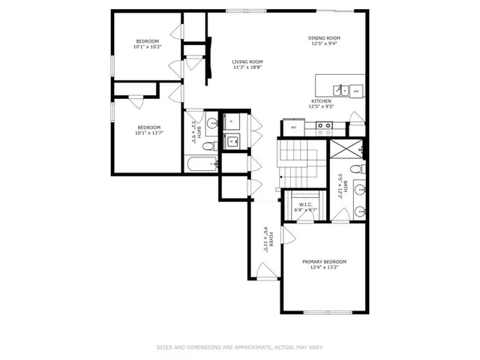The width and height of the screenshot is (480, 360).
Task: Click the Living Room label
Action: click(x=247, y=62)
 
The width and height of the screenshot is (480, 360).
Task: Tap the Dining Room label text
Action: click(x=324, y=38)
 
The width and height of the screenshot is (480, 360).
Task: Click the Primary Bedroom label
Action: click(x=324, y=262)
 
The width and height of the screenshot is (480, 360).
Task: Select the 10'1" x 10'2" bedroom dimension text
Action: click(x=147, y=46)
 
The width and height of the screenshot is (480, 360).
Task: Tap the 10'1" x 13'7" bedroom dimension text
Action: click(x=147, y=133)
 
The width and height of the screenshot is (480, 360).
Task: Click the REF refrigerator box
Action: click(x=294, y=128)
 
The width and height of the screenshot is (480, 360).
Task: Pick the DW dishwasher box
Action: click(x=356, y=91)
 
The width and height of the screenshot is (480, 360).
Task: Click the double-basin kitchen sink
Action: click(x=340, y=90)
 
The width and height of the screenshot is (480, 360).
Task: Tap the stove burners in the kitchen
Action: click(x=324, y=127)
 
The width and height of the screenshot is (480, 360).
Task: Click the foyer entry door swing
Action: click(x=262, y=271)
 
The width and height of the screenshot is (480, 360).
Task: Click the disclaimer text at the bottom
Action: click(x=240, y=347)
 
